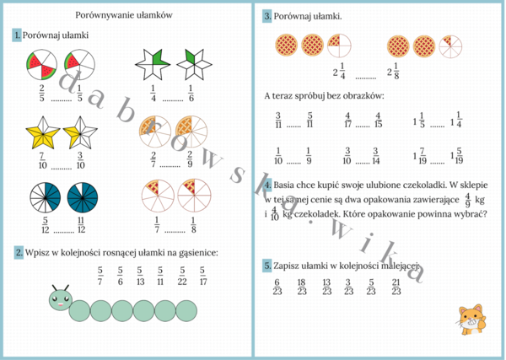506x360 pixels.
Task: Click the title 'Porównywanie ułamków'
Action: [x=125, y=15]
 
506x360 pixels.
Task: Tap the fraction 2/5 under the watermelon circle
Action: [x=41, y=92]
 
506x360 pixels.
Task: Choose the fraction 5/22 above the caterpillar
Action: [x=181, y=276]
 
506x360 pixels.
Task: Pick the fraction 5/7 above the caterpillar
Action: [x=100, y=276]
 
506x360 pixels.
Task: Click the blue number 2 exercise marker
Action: [x=19, y=253]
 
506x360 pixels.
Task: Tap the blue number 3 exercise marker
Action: [x=266, y=16]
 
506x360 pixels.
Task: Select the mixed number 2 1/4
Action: [x=340, y=72]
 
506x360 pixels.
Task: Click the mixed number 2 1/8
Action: [x=393, y=72]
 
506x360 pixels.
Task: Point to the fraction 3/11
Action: [x=278, y=121]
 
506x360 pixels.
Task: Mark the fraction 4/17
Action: [x=347, y=121]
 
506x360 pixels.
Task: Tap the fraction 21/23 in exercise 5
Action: [x=396, y=287]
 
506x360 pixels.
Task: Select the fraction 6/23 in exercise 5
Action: [x=277, y=287]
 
